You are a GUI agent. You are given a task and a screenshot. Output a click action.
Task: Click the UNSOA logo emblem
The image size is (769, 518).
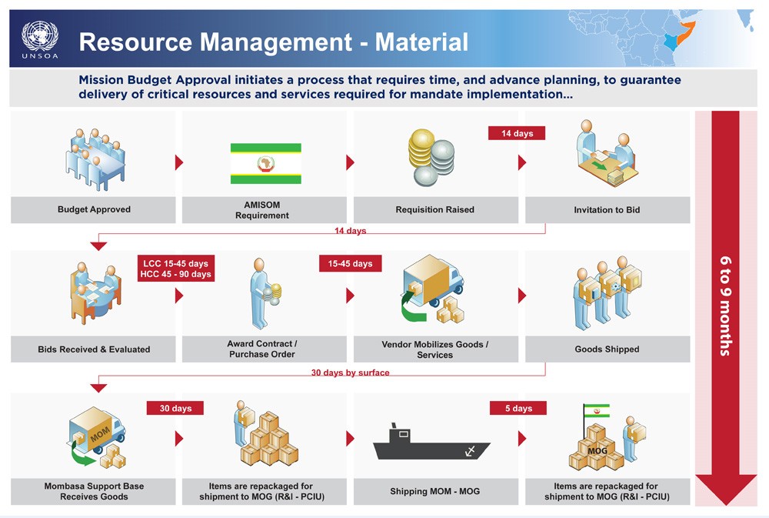[39, 36]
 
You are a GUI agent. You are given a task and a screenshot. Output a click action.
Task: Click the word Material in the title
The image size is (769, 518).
[421, 42]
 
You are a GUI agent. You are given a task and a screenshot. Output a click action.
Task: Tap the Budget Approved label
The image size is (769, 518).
[94, 209]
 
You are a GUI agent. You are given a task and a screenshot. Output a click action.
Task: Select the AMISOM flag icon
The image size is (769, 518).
[266, 163]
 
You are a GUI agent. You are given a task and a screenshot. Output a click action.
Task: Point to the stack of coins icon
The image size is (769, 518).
[432, 158]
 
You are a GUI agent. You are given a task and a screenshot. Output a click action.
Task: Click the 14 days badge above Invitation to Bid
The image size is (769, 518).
[517, 134]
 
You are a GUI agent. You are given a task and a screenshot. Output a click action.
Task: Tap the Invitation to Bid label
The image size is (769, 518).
[607, 209]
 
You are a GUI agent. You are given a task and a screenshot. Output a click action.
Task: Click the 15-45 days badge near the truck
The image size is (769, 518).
[350, 263]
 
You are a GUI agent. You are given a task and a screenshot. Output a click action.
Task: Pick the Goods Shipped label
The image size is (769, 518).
[607, 349]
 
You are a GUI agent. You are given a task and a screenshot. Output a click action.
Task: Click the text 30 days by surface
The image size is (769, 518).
[350, 373]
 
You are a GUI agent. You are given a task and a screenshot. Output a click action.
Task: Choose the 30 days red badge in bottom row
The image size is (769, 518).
[175, 408]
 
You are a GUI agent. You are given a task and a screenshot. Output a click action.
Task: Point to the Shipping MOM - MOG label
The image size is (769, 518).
[434, 491]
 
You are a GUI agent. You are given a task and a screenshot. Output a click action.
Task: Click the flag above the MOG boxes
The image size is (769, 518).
[596, 411]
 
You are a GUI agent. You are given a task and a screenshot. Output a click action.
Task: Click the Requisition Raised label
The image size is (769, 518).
[434, 209]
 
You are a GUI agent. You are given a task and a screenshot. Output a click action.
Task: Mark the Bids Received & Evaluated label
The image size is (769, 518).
[94, 349]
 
